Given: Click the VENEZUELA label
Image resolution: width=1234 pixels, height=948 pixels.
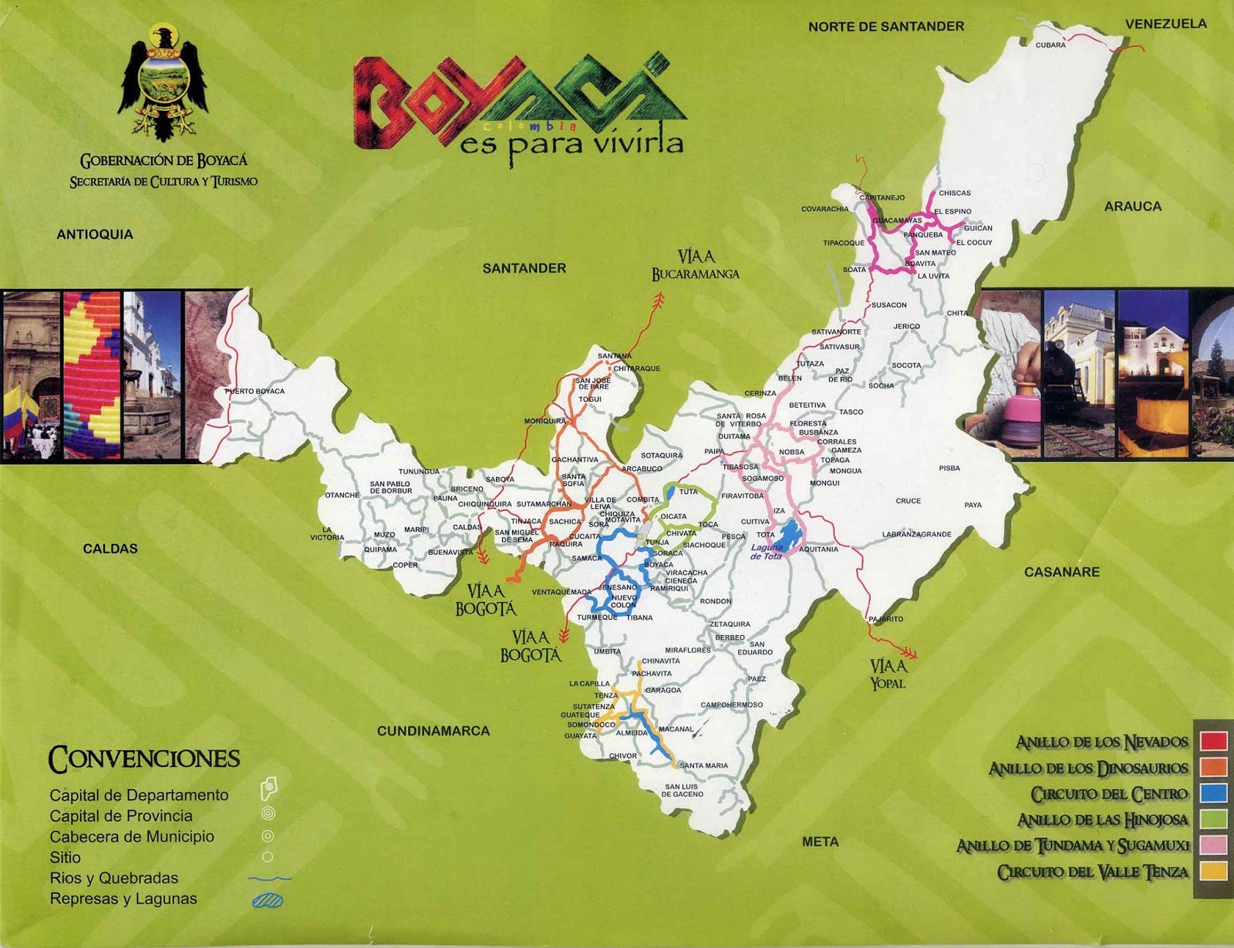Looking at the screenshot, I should (1165, 24).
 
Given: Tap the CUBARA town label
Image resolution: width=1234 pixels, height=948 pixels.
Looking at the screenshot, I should (1050, 45).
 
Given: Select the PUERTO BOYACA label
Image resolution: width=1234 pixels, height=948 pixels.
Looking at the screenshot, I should (255, 392).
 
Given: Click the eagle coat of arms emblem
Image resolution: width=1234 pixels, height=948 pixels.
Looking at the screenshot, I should (163, 82).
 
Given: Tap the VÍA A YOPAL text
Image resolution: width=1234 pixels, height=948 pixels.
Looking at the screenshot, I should (888, 674).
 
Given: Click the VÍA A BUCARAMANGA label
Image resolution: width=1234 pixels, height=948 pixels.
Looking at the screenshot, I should (695, 265).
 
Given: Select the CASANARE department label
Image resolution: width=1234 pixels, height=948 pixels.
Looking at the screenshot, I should (1061, 572).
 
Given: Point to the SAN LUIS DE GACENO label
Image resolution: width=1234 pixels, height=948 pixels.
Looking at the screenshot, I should (683, 791).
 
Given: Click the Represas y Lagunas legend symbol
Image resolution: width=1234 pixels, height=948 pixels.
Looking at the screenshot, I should (267, 899).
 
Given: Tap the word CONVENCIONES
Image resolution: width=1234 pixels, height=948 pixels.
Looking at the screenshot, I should (144, 759).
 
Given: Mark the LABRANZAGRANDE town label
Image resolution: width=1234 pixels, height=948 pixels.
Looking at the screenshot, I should (916, 534).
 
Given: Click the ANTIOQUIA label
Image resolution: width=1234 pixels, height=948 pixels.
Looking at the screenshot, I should (95, 234).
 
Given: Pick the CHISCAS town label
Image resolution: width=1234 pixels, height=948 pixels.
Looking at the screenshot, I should (954, 193).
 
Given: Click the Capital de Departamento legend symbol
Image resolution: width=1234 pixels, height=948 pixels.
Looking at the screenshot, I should (268, 788).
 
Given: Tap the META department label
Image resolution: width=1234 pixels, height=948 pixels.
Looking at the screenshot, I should (820, 842).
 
